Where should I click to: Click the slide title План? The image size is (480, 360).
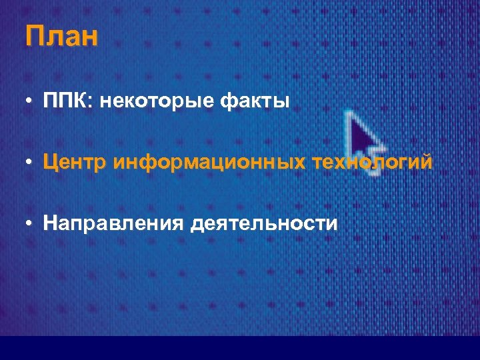click(62, 37)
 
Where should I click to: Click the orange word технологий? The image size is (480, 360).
click(373, 162)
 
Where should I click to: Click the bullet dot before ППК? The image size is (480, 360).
click(30, 103)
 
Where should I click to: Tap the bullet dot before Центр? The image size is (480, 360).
click(30, 163)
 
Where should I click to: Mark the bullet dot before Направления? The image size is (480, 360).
click(30, 223)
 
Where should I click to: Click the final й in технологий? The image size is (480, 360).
click(425, 162)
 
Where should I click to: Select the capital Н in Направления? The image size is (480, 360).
click(51, 222)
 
